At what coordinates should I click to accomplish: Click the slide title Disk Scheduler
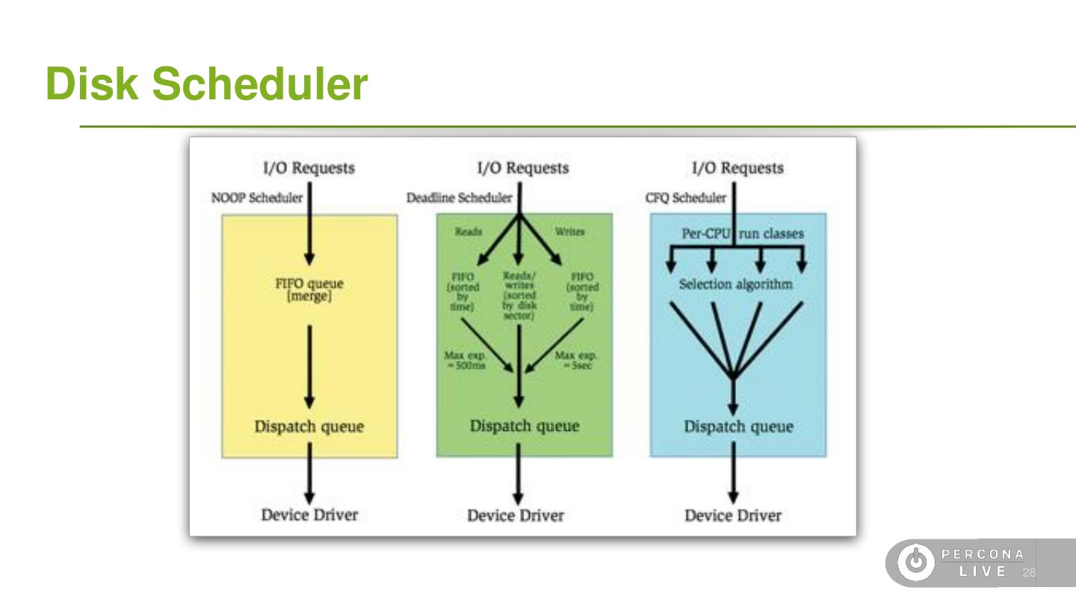[x=206, y=84]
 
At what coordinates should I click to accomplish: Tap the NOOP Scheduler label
[x=256, y=198]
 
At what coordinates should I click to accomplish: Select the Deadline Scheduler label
[x=459, y=198]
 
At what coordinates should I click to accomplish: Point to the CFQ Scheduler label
[x=685, y=198]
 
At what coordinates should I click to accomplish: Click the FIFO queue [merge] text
[x=309, y=290]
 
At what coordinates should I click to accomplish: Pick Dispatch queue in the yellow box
[x=309, y=426]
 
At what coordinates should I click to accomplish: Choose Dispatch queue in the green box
[x=524, y=426]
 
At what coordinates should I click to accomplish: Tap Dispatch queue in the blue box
[x=738, y=426]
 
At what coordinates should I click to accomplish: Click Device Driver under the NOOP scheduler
[x=309, y=515]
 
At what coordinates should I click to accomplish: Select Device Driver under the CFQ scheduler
[x=733, y=515]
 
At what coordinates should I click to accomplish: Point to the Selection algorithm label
[x=735, y=285]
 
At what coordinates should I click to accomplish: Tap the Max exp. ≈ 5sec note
[x=576, y=360]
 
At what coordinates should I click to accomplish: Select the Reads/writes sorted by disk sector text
[x=519, y=295]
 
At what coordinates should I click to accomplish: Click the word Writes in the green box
[x=569, y=232]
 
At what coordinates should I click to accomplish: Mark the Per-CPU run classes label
[x=742, y=234]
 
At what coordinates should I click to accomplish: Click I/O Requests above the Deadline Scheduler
[x=522, y=168]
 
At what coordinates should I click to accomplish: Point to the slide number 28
[x=1029, y=573]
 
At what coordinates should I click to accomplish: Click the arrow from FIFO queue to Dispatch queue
[x=309, y=366]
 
